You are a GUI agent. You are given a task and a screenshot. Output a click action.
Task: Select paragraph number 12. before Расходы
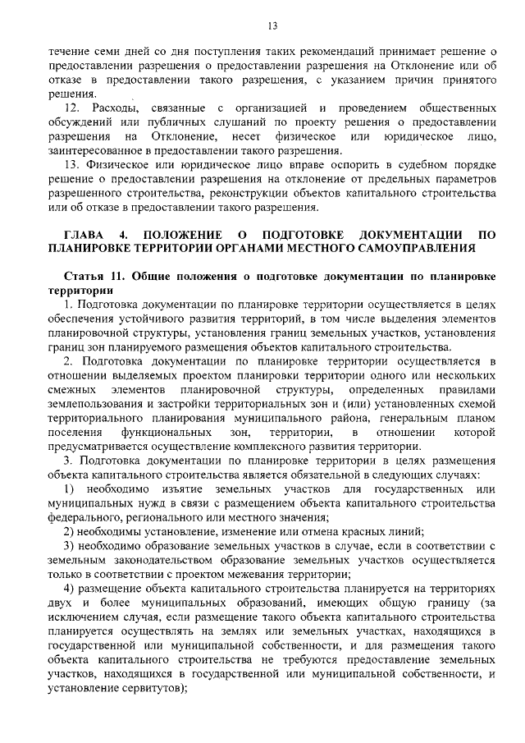point(73,108)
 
